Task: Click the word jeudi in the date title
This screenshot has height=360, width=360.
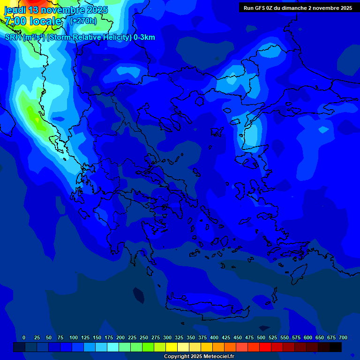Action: (x=15, y=10)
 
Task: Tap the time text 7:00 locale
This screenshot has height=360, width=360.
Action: (x=33, y=21)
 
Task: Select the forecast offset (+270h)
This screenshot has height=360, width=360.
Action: (x=84, y=21)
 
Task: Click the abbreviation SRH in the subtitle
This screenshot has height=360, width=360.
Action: (x=13, y=37)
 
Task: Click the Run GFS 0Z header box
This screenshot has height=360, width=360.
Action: (x=298, y=8)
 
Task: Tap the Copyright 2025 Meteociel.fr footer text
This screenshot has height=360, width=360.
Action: (x=199, y=357)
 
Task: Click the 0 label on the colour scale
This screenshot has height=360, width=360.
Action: (x=24, y=337)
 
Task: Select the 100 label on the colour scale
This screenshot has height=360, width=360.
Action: (x=74, y=337)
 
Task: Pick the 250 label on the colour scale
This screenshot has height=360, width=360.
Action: (x=144, y=337)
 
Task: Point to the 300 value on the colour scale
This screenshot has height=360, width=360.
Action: (x=167, y=337)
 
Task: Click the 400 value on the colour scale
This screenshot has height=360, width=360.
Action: (x=214, y=337)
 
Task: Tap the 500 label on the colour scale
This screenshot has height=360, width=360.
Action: (x=261, y=337)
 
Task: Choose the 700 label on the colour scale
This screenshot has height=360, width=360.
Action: (x=343, y=337)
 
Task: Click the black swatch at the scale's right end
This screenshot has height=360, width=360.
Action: (x=336, y=347)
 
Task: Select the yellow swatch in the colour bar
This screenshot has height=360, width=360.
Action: (x=172, y=347)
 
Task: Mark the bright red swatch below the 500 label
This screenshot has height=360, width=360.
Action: (x=265, y=347)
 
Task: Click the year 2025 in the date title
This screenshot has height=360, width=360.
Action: (x=97, y=10)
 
